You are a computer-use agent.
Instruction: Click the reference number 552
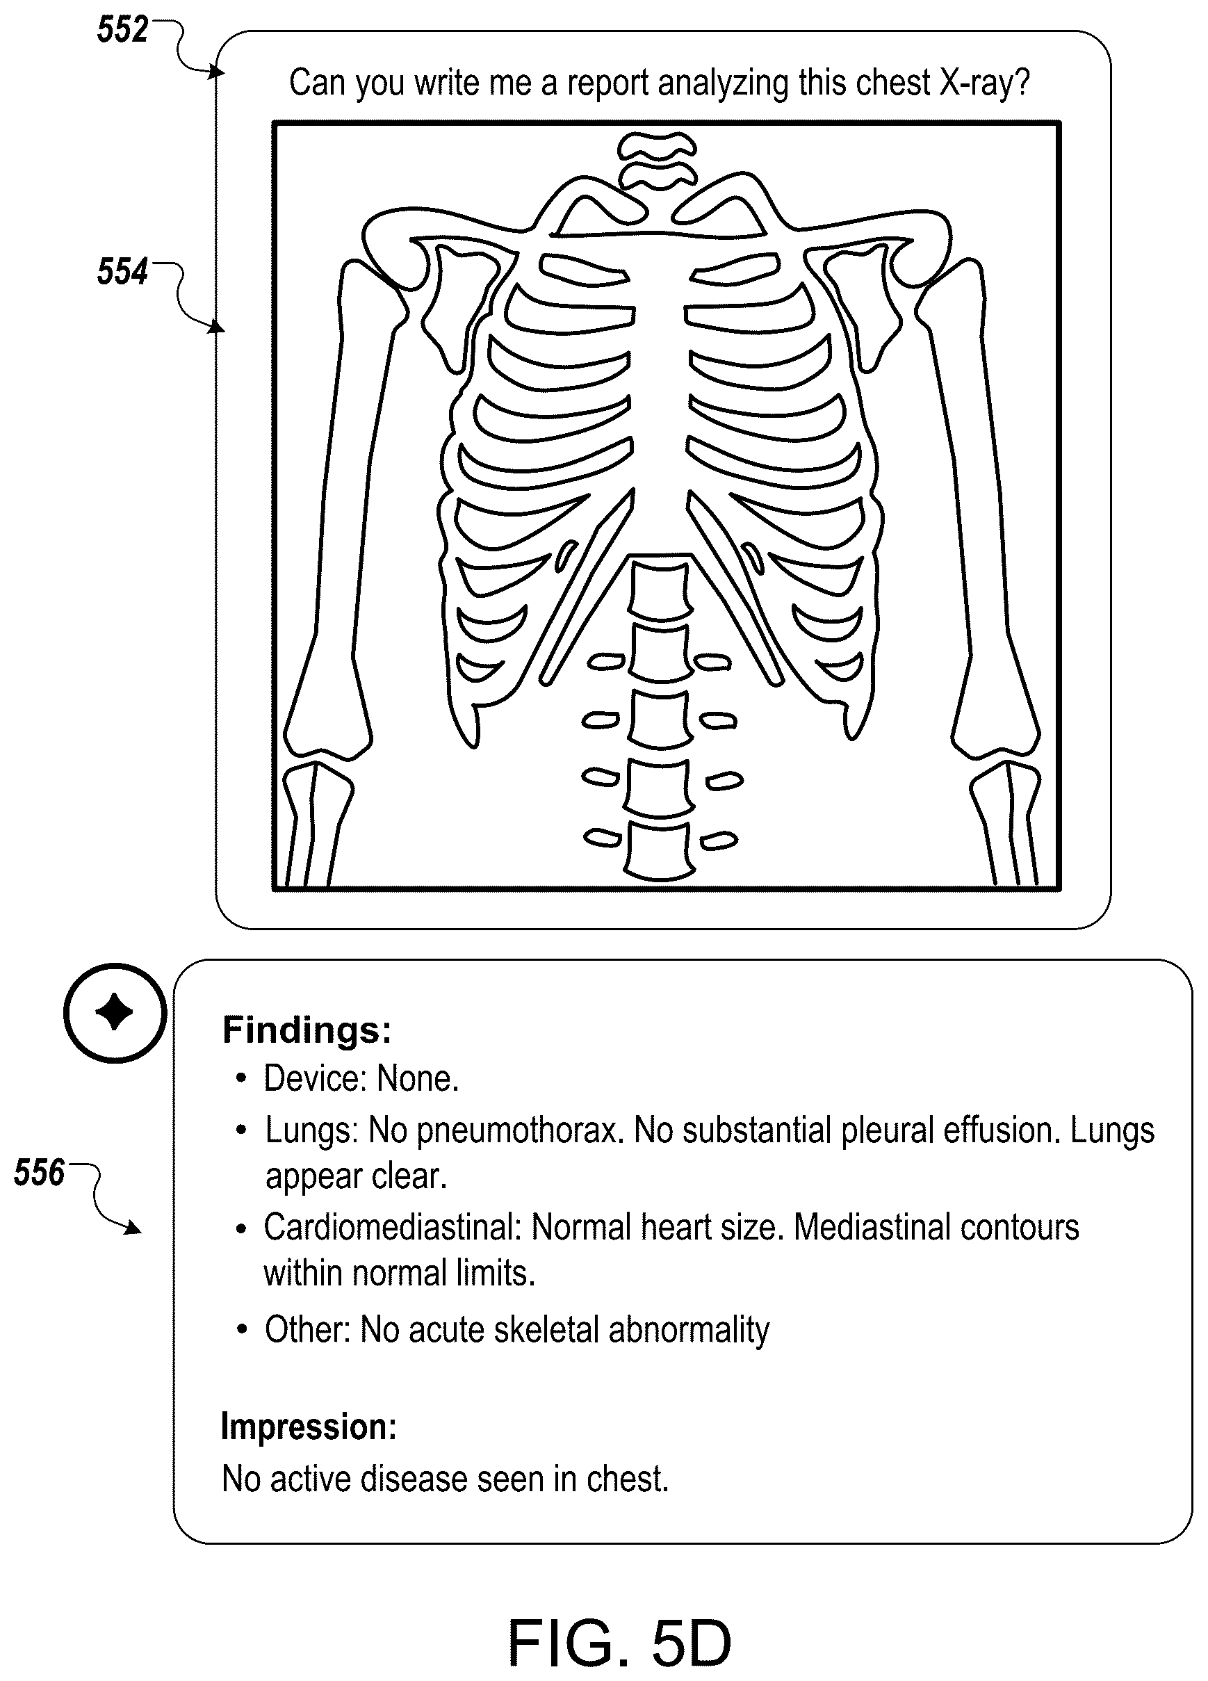(122, 31)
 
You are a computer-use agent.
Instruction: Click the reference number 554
(122, 271)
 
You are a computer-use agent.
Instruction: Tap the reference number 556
(40, 1173)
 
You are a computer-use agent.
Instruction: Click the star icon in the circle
(115, 1012)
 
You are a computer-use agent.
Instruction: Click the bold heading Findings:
(307, 1030)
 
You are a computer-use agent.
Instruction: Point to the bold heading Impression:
(309, 1427)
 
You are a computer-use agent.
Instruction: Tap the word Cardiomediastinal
(392, 1228)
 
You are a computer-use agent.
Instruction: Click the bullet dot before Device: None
(241, 1079)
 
